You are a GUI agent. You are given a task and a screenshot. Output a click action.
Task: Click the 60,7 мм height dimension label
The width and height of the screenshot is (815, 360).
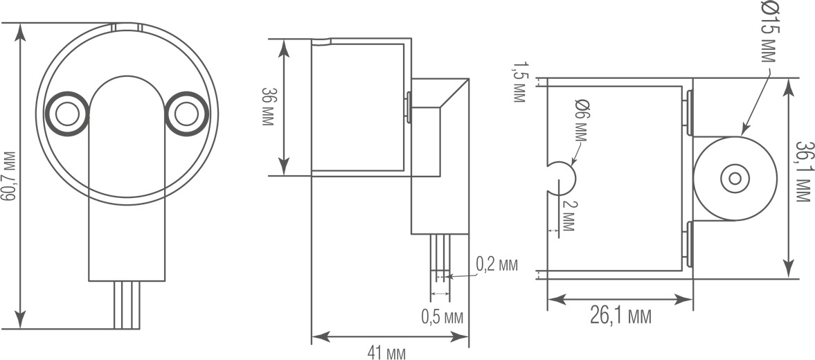(9, 176)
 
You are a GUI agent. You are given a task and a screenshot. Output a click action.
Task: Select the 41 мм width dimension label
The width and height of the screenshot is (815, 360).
(386, 352)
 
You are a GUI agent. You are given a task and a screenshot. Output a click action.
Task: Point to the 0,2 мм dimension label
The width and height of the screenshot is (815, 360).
(497, 264)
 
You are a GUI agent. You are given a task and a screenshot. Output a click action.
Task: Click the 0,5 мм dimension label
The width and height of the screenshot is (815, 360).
(442, 316)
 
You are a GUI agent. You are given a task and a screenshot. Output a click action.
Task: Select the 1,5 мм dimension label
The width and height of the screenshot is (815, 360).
(519, 82)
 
